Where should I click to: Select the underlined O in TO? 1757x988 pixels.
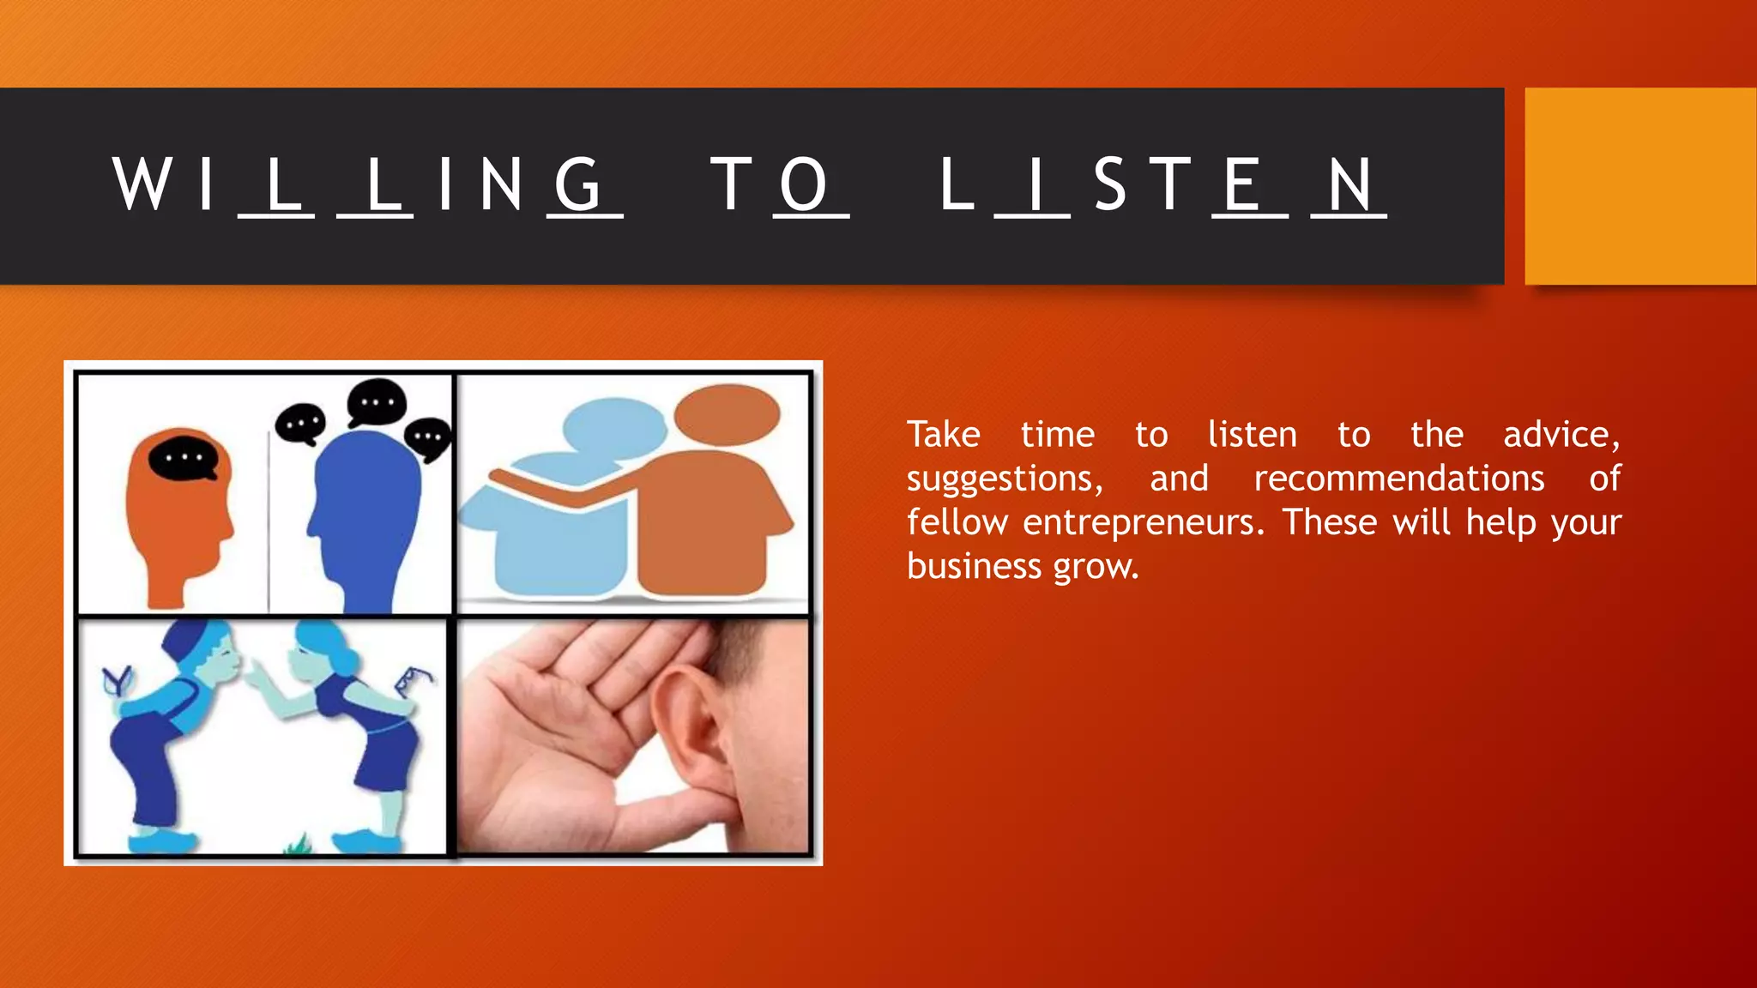pyautogui.click(x=804, y=184)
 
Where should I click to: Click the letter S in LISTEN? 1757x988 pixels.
pyautogui.click(x=1109, y=184)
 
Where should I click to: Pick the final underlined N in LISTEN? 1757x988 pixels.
pyautogui.click(x=1349, y=184)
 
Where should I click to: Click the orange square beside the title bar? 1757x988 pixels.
pyautogui.click(x=1639, y=186)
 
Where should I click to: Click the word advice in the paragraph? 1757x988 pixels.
pyautogui.click(x=1561, y=435)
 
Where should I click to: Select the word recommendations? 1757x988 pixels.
pyautogui.click(x=1398, y=479)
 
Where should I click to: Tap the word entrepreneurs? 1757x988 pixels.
pyautogui.click(x=1143, y=522)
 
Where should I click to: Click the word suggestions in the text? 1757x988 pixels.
pyautogui.click(x=1004, y=479)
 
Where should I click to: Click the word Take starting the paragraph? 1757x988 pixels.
pyautogui.click(x=943, y=435)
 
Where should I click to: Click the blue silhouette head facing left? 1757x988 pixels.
pyautogui.click(x=365, y=506)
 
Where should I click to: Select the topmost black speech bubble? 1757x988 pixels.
pyautogui.click(x=377, y=402)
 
